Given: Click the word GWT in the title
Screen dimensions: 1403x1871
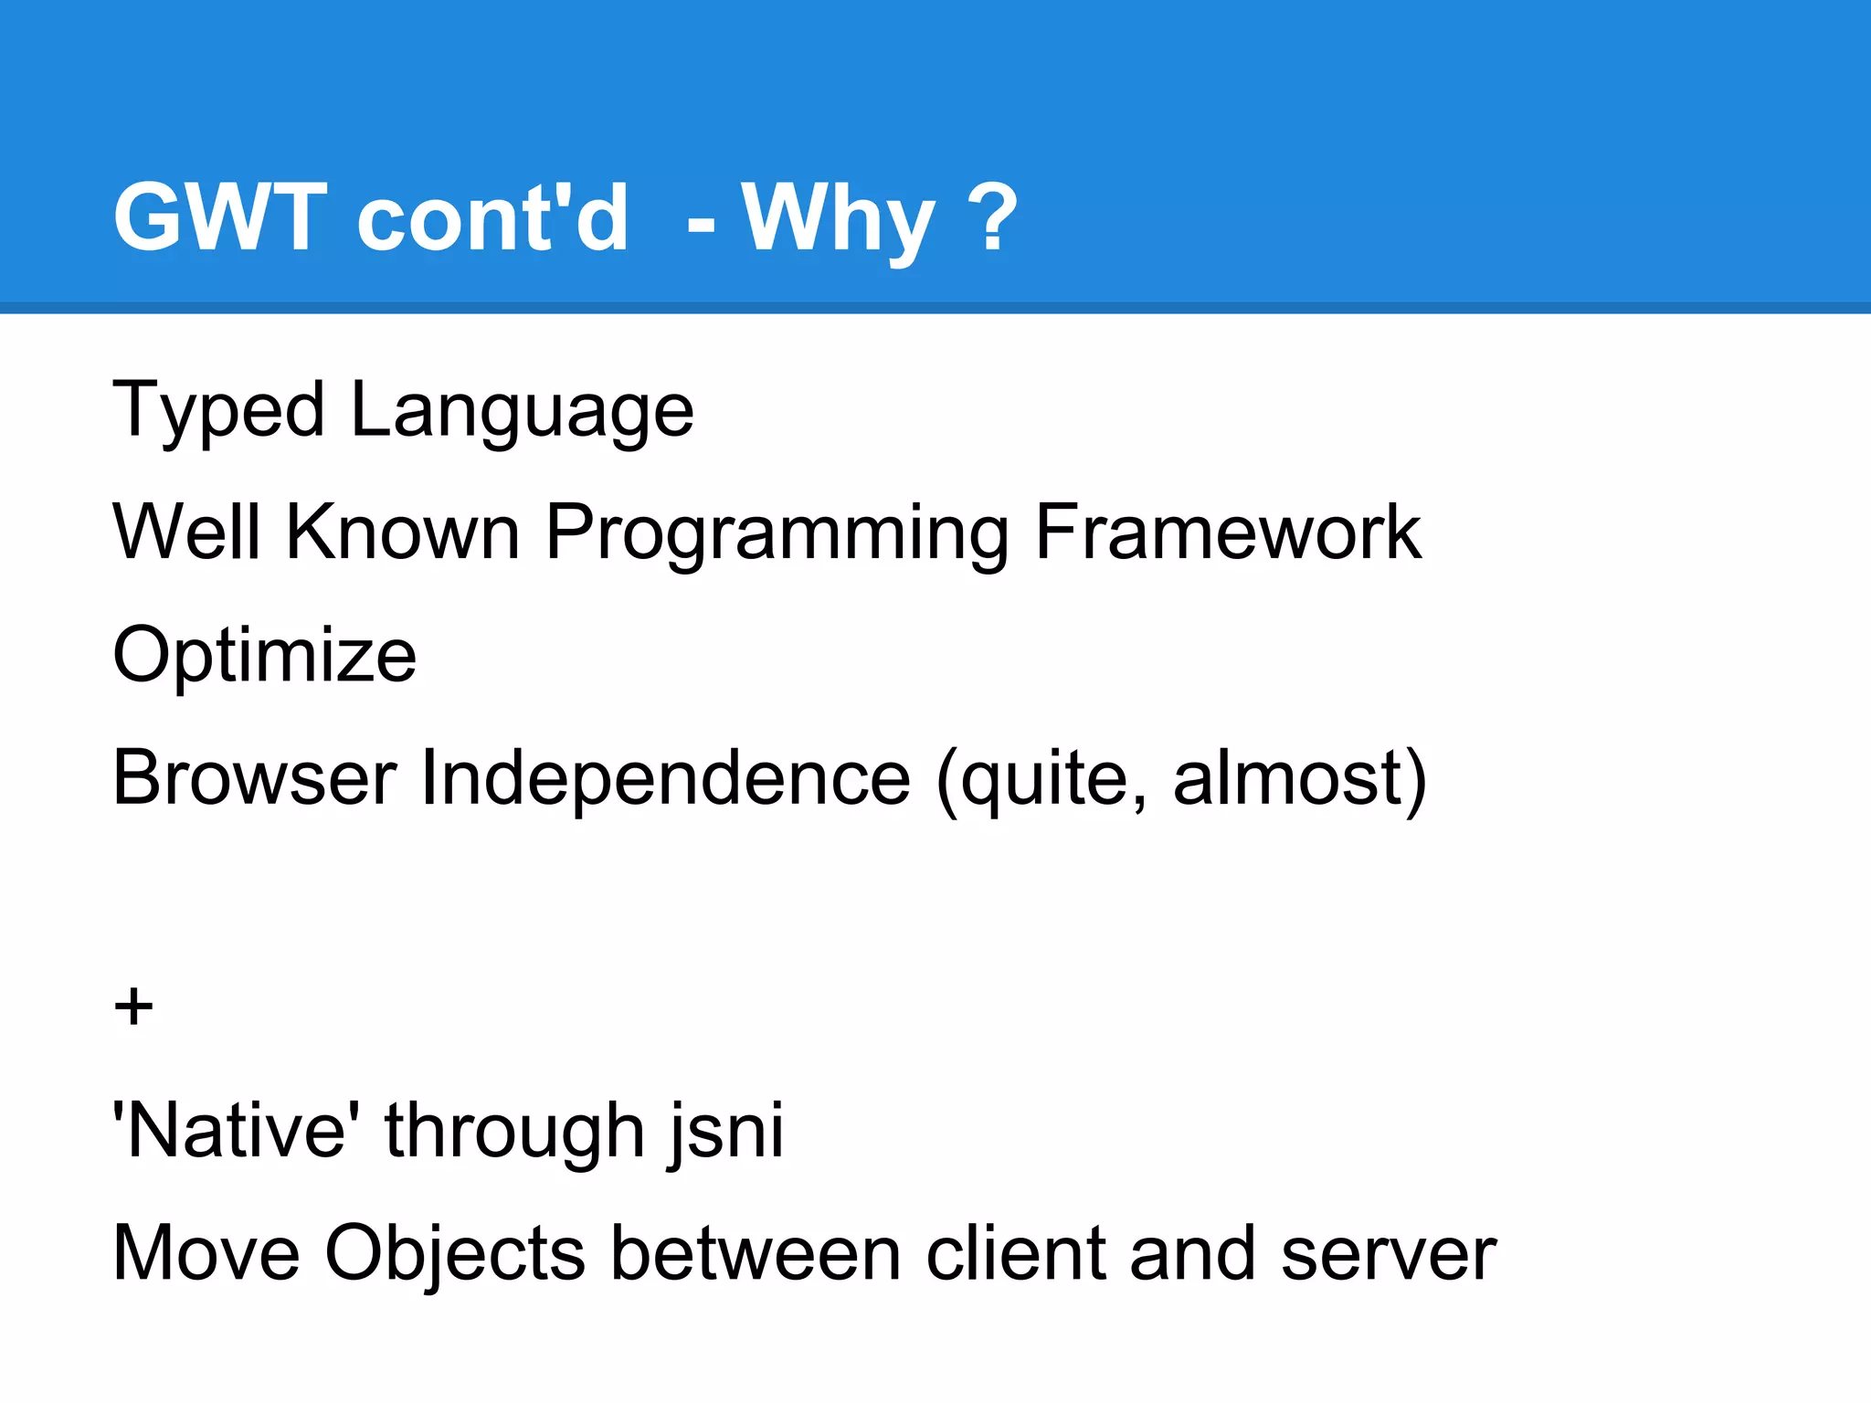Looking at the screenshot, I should (219, 216).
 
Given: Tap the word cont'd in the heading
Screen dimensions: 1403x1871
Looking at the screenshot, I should (492, 216).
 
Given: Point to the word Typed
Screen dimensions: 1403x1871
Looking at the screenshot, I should (218, 411).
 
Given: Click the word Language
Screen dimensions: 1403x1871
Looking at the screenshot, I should (522, 411).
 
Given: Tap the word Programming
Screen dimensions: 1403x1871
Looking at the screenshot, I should (777, 534).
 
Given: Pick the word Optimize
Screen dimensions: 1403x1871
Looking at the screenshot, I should (264, 656).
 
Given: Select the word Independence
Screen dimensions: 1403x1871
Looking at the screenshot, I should (665, 777).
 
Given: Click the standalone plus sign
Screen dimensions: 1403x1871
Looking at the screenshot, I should (133, 1007).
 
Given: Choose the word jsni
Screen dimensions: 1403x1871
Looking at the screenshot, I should (726, 1131).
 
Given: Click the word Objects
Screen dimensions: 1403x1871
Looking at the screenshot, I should (454, 1253).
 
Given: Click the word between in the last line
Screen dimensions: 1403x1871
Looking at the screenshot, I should (756, 1253).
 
